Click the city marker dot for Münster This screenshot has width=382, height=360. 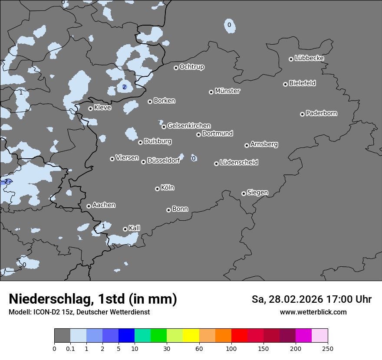211,92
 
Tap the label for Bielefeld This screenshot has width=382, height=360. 302,83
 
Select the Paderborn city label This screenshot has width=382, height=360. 321,113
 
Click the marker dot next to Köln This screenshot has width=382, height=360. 157,189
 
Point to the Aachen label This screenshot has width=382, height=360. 104,205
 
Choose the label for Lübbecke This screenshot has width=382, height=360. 309,58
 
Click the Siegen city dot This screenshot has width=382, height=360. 244,193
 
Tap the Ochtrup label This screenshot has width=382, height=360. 191,67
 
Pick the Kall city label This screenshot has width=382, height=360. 134,228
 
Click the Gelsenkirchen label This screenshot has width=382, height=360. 189,126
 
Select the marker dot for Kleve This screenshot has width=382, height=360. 90,108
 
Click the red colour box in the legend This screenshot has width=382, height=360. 239,336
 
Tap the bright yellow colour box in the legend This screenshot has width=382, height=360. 191,336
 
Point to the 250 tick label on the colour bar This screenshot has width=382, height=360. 327,348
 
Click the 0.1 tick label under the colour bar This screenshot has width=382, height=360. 70,348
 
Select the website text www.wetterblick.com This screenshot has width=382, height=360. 313,312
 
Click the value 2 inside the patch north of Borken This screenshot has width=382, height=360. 124,87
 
